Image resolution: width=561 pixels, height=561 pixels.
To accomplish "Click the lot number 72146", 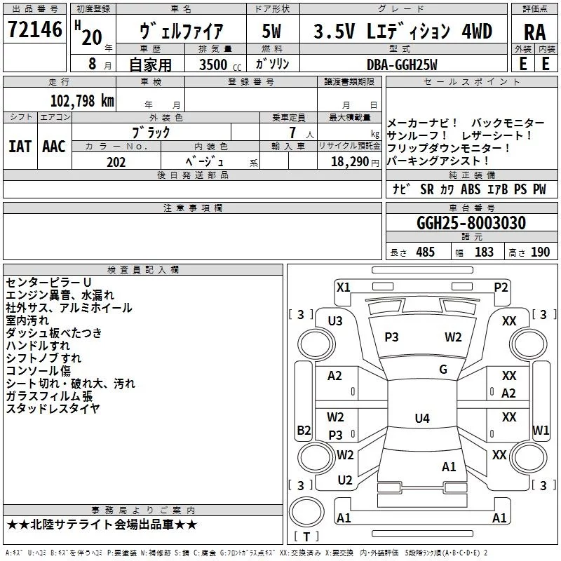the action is [35, 30].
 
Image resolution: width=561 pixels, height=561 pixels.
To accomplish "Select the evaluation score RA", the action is [534, 32].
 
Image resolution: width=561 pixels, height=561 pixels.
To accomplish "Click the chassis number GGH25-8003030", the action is [471, 224].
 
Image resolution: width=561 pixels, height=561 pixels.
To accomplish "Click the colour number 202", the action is [116, 162].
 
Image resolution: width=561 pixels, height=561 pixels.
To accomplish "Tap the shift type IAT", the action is [20, 147].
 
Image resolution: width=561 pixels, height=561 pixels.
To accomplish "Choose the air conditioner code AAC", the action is [54, 147].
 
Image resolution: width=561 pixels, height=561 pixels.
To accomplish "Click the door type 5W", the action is [271, 32].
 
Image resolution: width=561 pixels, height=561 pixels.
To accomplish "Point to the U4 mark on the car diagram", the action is [421, 419].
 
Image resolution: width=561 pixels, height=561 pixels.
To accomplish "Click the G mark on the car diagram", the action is [443, 370].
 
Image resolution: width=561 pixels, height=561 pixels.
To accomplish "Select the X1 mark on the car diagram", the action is [343, 287].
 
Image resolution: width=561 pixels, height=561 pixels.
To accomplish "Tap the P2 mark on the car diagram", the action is [501, 287].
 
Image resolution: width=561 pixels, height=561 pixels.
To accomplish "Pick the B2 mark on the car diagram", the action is [304, 430].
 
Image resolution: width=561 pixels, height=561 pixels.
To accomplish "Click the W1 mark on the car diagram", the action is [541, 430].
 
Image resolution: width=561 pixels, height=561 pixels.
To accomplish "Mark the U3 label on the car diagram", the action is [335, 321].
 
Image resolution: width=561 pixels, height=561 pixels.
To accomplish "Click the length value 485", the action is [425, 252].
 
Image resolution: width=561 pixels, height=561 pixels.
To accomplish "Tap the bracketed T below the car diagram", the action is [306, 537].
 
